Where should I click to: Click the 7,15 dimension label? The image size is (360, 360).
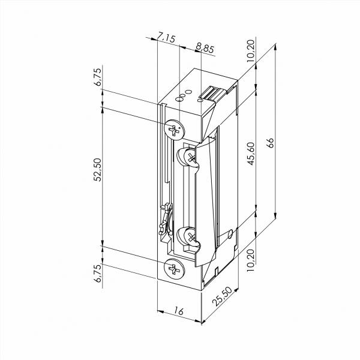[166, 38]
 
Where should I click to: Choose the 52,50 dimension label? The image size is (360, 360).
[99, 178]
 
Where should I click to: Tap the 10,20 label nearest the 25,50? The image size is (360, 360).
[251, 259]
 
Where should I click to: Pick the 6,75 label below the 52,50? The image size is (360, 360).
[99, 275]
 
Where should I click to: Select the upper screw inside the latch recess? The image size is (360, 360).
[188, 158]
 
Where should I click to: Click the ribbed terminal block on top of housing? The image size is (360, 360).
[213, 93]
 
